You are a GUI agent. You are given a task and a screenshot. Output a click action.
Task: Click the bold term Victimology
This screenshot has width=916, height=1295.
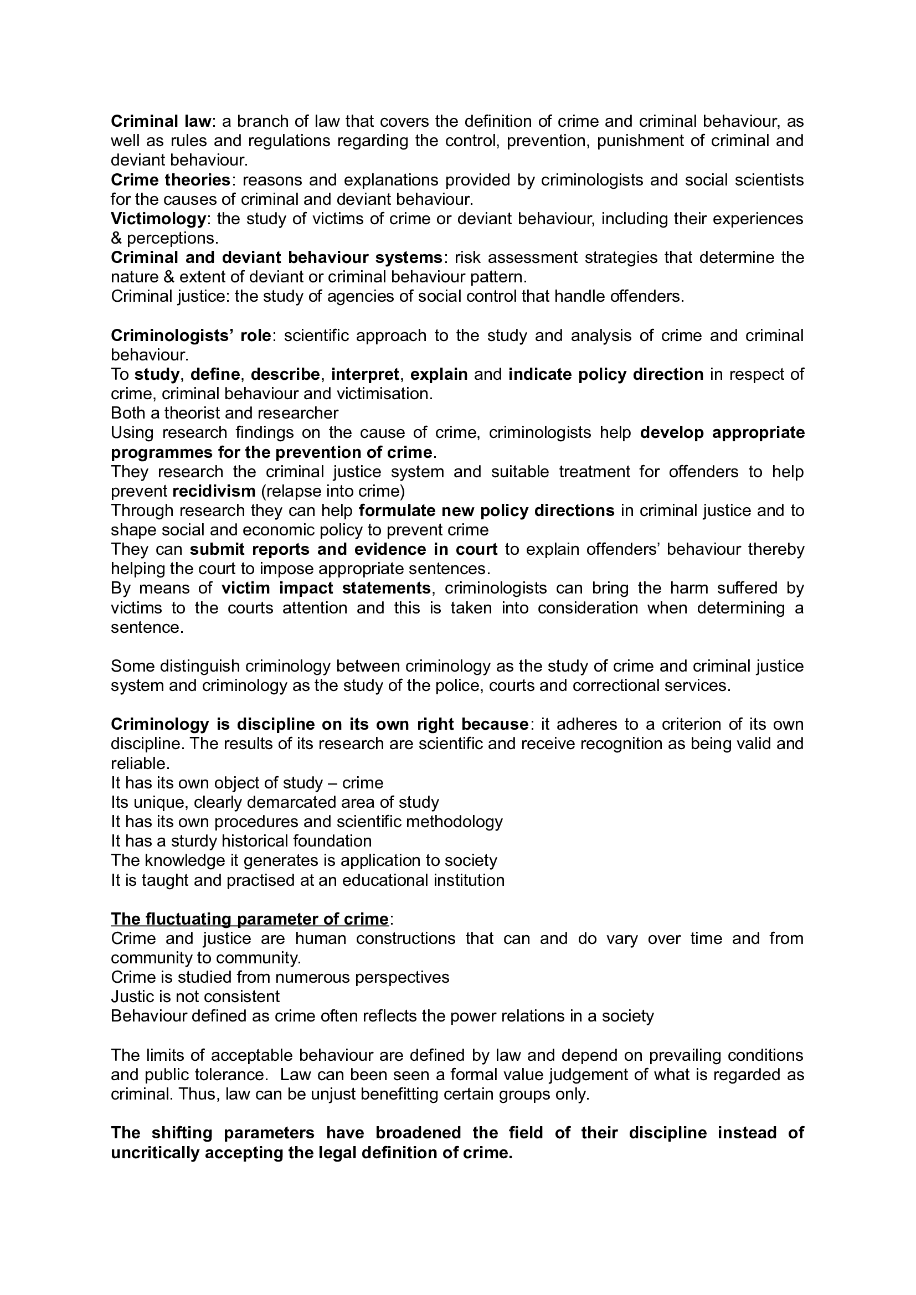158,219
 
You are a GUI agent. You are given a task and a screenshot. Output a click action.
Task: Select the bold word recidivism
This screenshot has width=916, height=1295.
214,491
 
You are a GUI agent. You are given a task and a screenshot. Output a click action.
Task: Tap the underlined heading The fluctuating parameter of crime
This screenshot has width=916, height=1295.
249,920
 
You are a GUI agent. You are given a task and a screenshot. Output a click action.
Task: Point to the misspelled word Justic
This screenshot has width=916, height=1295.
135,997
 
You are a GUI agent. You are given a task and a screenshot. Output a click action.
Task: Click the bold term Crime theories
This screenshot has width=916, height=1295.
171,180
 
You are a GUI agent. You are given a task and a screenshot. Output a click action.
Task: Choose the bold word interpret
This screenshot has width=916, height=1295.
365,374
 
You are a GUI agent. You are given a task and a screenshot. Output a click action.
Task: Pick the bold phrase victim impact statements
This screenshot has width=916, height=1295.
326,589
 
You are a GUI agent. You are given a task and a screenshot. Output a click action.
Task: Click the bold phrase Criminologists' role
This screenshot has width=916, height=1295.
191,336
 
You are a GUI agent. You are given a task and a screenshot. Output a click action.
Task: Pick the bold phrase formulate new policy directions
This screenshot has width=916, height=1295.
486,511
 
